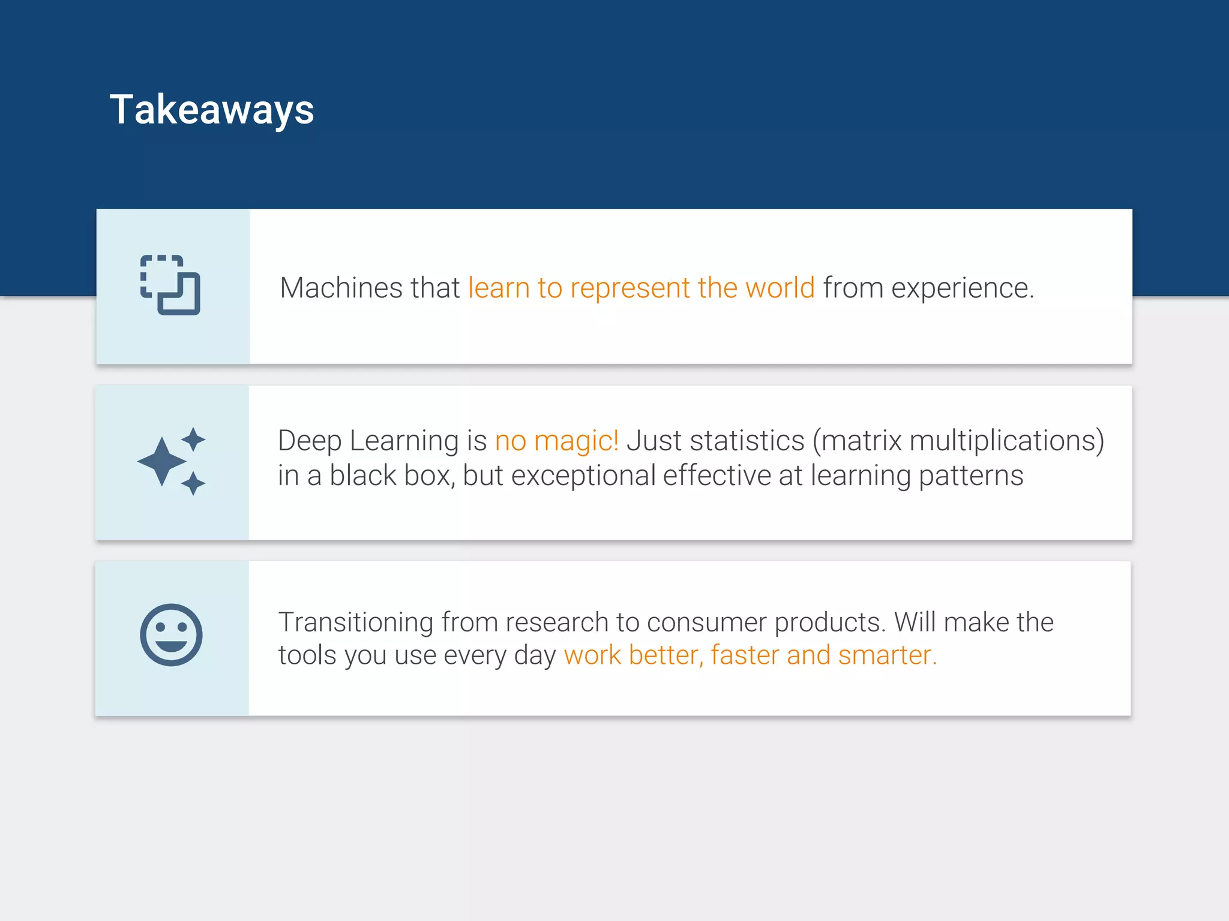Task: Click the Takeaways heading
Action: (x=211, y=110)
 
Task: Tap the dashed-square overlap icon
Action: (x=170, y=285)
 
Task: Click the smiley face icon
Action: (x=171, y=635)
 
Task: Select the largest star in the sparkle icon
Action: (x=161, y=461)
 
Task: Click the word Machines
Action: (x=340, y=288)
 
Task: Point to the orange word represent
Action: (x=630, y=288)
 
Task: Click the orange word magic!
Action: (x=575, y=441)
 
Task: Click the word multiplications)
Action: (x=1006, y=441)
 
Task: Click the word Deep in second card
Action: (x=309, y=441)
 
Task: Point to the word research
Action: (x=556, y=622)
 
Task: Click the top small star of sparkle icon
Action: (x=193, y=439)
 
